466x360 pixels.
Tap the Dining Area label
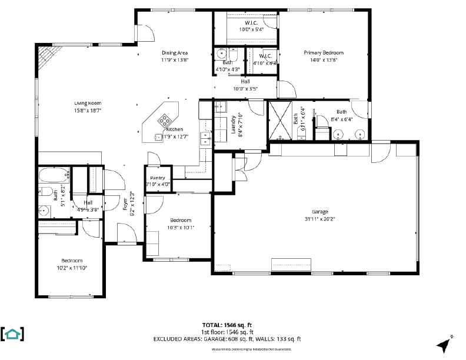174,52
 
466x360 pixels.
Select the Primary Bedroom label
323,52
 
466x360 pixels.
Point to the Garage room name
320,212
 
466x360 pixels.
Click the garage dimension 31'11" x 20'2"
320,219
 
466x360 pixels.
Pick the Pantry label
158,178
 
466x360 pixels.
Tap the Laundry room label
233,125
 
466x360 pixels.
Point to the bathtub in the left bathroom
54,175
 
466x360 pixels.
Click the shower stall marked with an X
280,120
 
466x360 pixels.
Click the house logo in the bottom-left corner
12,334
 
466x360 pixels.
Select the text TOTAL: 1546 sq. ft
227,325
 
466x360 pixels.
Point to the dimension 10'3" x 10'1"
179,228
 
